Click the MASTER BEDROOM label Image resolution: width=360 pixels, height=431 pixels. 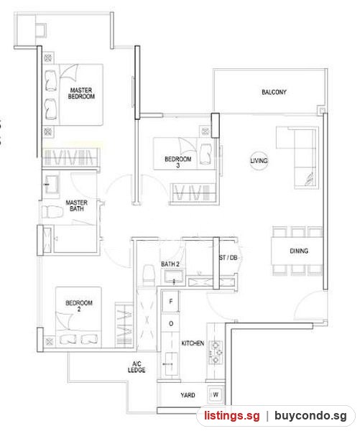pos(81,93)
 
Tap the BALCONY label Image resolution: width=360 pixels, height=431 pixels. pos(274,92)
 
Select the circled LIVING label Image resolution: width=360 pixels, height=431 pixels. pos(259,160)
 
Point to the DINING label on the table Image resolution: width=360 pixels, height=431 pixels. pos(299,251)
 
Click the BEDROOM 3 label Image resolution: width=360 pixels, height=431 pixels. pos(178,162)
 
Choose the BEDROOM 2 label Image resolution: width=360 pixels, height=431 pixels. pos(79,306)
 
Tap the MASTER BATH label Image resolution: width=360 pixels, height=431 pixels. pos(76,205)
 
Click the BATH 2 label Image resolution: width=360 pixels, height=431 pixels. pos(170,264)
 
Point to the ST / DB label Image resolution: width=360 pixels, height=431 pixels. pos(229,258)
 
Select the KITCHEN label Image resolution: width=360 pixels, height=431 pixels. pos(193,343)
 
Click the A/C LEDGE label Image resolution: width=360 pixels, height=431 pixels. pos(137,367)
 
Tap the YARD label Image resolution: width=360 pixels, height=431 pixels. pos(188,395)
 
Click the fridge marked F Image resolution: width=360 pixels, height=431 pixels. pos(170,302)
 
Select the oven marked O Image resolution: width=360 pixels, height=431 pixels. pos(170,323)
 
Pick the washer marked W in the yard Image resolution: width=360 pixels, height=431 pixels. pos(216,394)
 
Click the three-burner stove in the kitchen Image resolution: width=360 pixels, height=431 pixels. pos(216,352)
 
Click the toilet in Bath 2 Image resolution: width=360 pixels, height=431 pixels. pos(149,273)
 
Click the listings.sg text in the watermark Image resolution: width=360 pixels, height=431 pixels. pos(232,416)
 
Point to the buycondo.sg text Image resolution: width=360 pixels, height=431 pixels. pos(310,416)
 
